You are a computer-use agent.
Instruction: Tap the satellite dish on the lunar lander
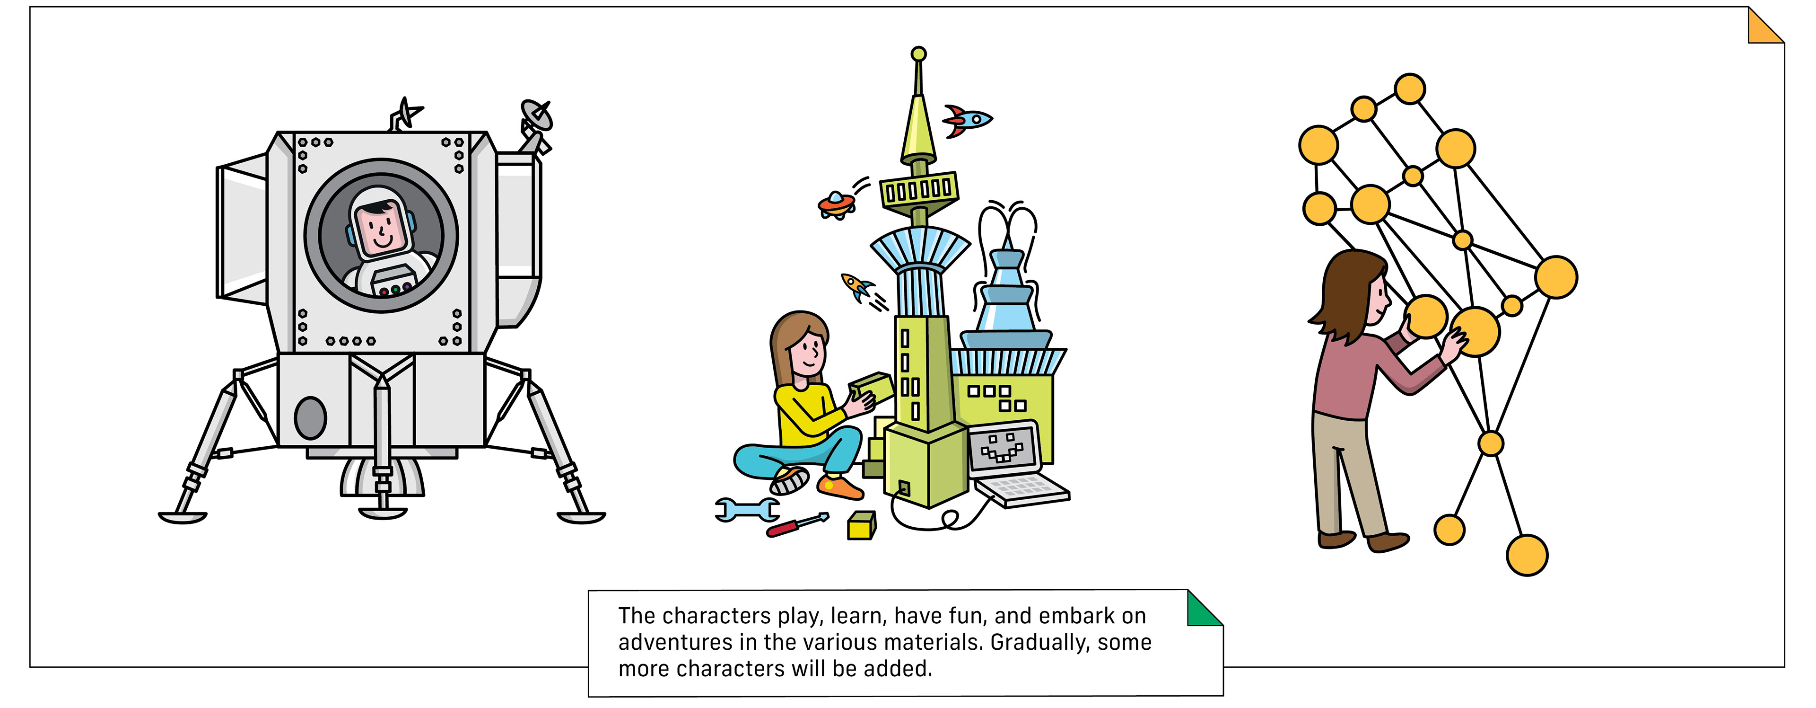(536, 117)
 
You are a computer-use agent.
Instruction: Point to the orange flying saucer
(836, 204)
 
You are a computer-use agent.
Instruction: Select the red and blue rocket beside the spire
(967, 120)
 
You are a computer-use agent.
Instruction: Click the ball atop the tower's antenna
(918, 53)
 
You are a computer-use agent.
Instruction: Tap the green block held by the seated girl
(871, 387)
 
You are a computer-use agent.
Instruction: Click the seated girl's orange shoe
(839, 487)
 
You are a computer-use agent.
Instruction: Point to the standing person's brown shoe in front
(1388, 541)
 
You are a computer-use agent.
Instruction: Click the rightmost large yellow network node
(1556, 277)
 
